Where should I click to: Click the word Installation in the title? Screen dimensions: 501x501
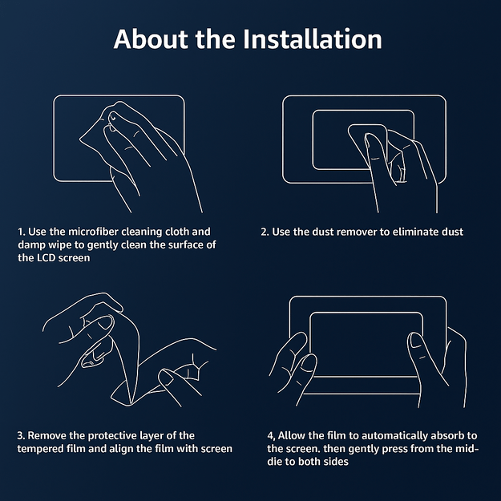point(312,39)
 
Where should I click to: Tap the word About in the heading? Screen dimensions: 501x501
point(151,39)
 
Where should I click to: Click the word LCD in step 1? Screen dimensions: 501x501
point(46,258)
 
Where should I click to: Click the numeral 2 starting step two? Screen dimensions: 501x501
point(264,232)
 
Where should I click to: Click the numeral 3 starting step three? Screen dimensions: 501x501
point(21,435)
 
